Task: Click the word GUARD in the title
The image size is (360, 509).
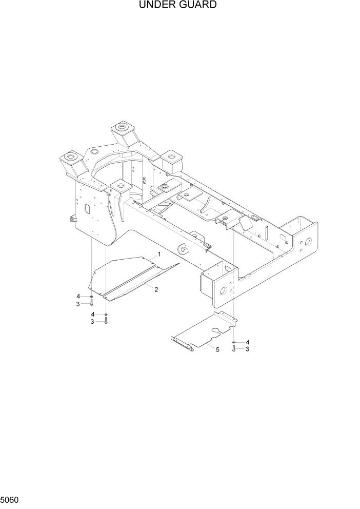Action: point(197,6)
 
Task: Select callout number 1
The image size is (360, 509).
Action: point(159,254)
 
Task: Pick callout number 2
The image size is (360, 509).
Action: point(156,289)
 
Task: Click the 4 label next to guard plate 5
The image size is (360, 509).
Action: point(248,342)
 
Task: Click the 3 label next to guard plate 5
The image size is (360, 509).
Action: point(248,349)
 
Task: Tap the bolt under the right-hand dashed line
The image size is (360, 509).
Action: point(234,349)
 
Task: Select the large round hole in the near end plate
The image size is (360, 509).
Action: point(224,292)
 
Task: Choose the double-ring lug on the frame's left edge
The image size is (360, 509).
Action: point(71,219)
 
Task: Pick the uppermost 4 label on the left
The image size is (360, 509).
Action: point(78,297)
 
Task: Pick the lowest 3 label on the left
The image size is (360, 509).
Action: point(92,322)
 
